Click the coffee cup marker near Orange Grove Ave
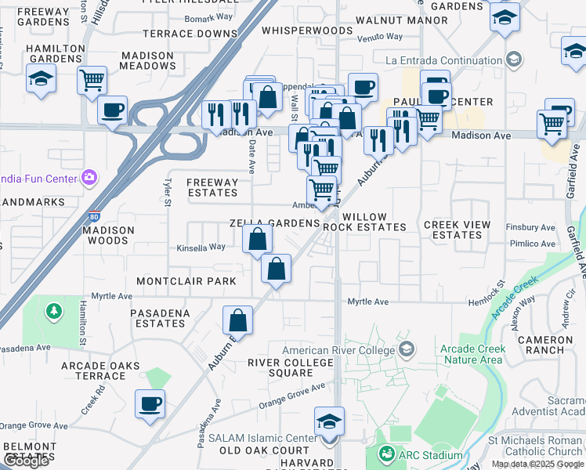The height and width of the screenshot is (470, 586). click(x=150, y=403)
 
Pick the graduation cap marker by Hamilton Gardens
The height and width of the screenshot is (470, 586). click(x=40, y=79)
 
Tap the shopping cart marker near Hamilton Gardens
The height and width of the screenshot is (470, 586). click(x=92, y=80)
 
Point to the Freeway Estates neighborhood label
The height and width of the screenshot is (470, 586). click(x=212, y=187)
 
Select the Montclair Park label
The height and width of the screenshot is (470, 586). click(x=186, y=280)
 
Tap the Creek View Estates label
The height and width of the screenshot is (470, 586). click(x=458, y=230)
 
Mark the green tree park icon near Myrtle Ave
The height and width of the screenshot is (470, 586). click(x=53, y=312)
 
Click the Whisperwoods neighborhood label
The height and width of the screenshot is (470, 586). click(x=307, y=31)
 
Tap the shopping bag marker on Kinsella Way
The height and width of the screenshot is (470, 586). click(x=257, y=238)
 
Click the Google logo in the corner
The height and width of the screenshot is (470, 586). click(x=27, y=461)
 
